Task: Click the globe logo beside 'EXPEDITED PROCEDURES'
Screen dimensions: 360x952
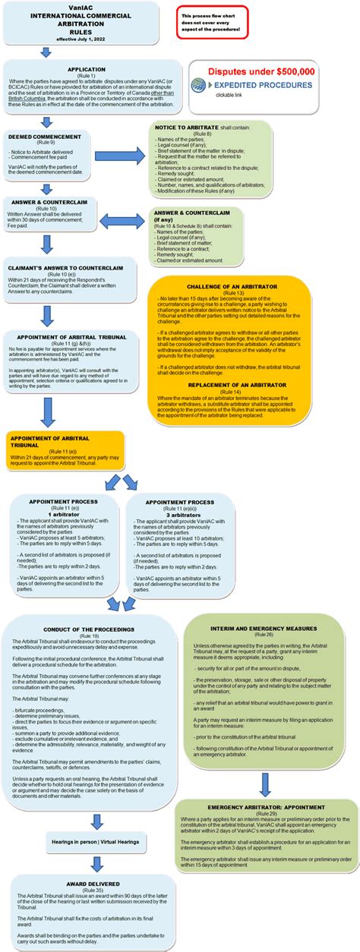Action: [x=199, y=85]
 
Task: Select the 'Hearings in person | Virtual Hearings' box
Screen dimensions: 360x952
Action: [x=95, y=843]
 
